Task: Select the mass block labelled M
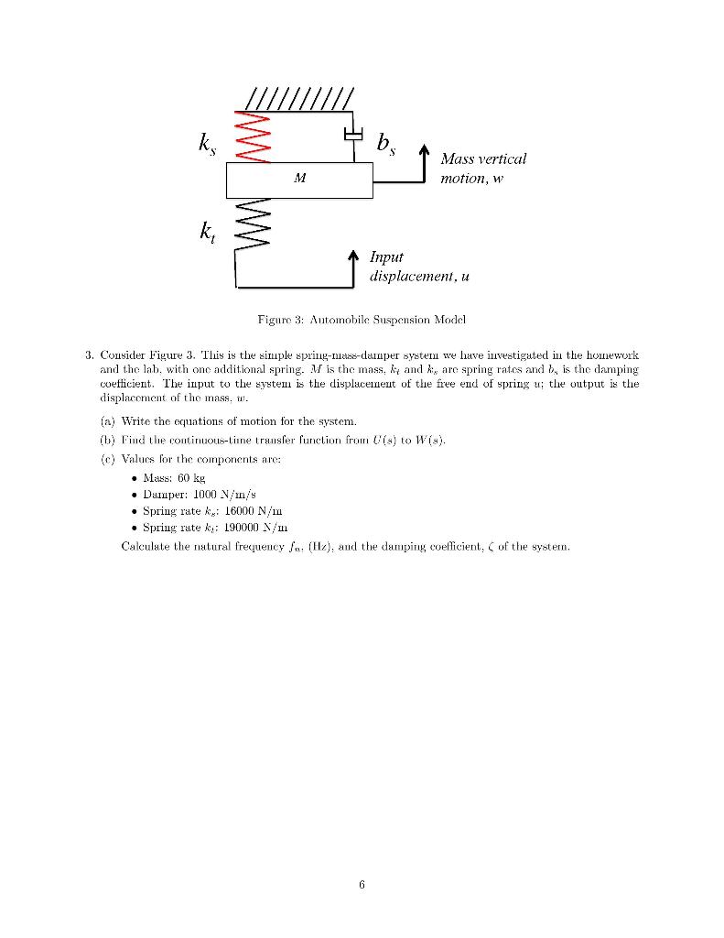299,180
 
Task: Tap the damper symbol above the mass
352,135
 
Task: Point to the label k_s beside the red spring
210,144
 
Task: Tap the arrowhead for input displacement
352,253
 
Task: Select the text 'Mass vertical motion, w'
482,168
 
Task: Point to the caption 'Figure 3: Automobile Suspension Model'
361,320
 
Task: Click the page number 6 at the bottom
362,886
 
